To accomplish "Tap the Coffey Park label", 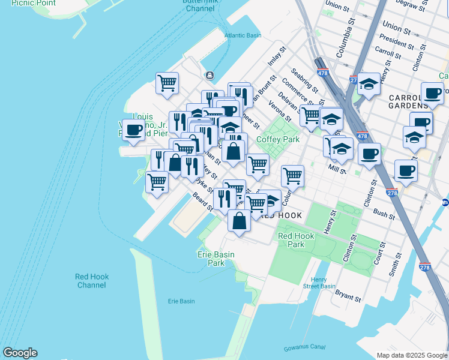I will pyautogui.click(x=277, y=139).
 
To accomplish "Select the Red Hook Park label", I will pyautogui.click(x=292, y=240).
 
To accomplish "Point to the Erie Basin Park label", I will pyautogui.click(x=215, y=259).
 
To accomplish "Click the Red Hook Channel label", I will pyautogui.click(x=92, y=280).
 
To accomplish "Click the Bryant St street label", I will pyautogui.click(x=348, y=296).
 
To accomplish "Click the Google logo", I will pyautogui.click(x=20, y=353).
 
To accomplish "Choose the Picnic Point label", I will pyautogui.click(x=34, y=3).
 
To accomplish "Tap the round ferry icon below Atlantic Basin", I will pyautogui.click(x=209, y=75).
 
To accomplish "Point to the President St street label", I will pyautogui.click(x=393, y=43).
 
